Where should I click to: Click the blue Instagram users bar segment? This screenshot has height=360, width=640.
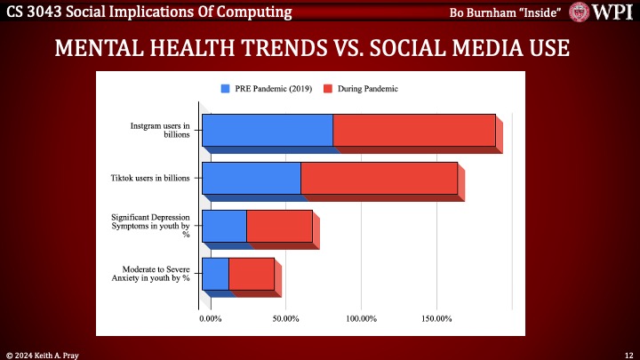(x=267, y=130)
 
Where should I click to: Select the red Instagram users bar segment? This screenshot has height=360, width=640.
(x=413, y=130)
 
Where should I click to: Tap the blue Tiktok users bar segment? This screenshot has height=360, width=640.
(x=251, y=178)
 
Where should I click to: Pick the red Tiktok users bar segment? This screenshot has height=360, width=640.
(x=379, y=178)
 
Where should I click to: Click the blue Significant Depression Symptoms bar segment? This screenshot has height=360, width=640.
(x=224, y=226)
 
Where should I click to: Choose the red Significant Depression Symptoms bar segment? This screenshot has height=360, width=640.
(x=279, y=226)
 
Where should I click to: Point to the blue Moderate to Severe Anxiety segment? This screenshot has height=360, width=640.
(x=215, y=274)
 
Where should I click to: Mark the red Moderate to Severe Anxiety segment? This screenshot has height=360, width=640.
(x=252, y=274)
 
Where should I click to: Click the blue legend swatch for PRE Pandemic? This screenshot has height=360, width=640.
(x=226, y=89)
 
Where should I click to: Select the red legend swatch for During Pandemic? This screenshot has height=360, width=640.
(x=328, y=89)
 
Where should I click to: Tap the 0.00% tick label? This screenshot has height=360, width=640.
(x=212, y=317)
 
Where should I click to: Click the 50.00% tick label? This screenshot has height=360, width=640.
(x=286, y=317)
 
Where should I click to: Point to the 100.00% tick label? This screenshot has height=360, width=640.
(x=363, y=317)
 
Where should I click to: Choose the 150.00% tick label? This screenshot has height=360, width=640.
(x=438, y=317)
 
